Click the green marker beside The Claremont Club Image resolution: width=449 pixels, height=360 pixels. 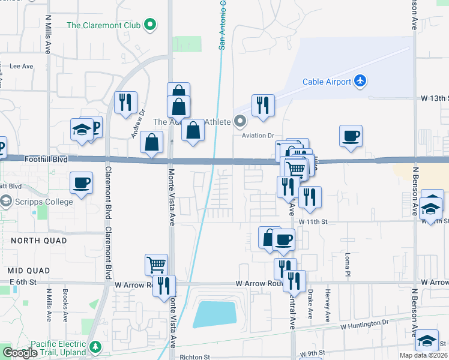coord(150,25)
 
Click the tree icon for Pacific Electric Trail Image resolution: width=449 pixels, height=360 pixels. coord(95,347)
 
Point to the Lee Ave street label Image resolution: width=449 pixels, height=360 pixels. coord(21,67)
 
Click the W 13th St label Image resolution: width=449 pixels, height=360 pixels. coord(435,97)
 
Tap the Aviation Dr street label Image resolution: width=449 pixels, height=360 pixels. coord(258,136)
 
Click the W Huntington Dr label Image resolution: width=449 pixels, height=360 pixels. coord(365,325)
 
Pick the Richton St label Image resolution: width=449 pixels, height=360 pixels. coord(194,357)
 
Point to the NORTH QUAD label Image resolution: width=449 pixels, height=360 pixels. coord(33,240)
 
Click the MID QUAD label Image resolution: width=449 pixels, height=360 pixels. coord(27,269)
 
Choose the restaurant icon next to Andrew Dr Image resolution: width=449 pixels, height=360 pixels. coord(125,103)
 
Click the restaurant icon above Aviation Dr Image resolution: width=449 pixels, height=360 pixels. coord(263,106)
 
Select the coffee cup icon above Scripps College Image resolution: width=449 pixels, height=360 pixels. coord(81,182)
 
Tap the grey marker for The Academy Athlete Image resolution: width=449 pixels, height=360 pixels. coord(240,122)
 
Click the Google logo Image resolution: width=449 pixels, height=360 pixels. coord(20,353)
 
